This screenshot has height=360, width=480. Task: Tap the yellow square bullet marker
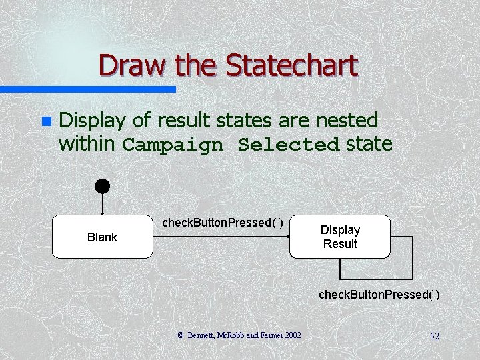[45, 121]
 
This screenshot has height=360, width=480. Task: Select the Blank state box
[102, 237]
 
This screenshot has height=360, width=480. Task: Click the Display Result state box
[339, 237]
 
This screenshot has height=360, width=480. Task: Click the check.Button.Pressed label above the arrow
[223, 222]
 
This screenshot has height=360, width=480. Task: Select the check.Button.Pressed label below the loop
[379, 294]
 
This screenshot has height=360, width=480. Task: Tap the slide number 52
[434, 336]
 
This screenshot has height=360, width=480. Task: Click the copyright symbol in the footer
[181, 335]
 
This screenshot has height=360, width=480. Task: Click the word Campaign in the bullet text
[173, 145]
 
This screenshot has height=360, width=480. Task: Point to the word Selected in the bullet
[289, 145]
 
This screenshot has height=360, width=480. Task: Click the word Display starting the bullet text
[93, 120]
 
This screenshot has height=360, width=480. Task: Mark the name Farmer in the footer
[263, 335]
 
